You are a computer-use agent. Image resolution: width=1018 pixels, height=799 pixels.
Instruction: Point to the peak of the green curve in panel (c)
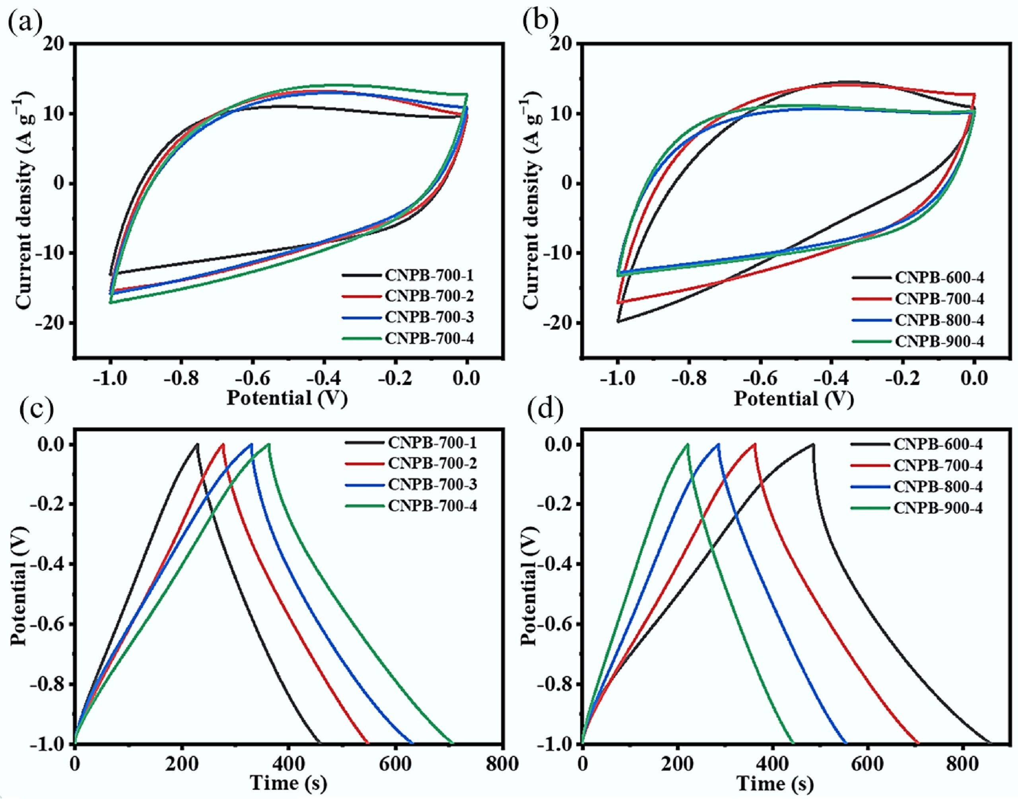[269, 444]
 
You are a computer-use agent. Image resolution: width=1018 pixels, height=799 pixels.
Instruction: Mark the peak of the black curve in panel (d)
[814, 444]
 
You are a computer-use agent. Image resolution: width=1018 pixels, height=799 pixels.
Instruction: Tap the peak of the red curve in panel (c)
[223, 444]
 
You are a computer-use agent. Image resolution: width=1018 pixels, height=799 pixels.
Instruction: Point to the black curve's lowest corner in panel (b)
[618, 322]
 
